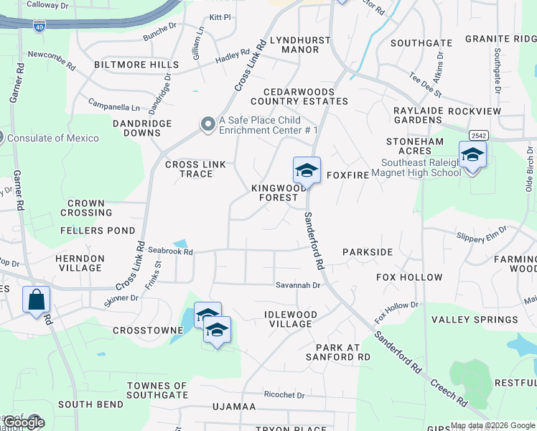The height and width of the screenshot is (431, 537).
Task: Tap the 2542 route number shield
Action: (478, 135)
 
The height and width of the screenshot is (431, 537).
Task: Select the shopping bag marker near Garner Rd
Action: (36, 299)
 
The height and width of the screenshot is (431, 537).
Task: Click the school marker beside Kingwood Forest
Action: (307, 171)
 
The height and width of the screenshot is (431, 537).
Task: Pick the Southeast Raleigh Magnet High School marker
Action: (472, 156)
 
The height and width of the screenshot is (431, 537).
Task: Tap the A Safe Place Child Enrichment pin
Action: (208, 125)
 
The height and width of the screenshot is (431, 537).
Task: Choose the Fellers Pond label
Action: (98, 231)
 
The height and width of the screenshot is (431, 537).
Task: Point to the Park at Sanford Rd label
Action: (338, 351)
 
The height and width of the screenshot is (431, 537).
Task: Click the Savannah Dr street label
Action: (298, 285)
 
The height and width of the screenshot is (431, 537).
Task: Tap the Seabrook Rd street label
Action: (171, 251)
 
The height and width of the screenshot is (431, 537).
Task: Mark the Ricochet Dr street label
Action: (284, 395)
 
